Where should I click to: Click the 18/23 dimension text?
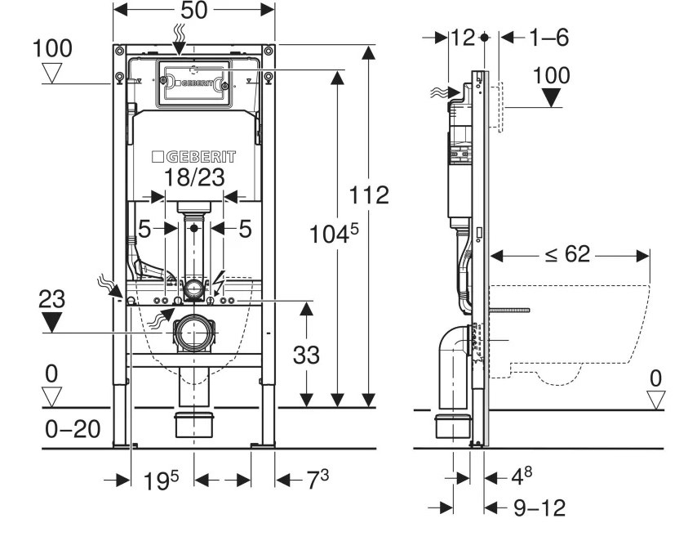(194, 178)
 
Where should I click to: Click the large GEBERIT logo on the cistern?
(194, 156)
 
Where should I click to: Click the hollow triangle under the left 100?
(52, 74)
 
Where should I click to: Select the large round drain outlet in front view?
(193, 333)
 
